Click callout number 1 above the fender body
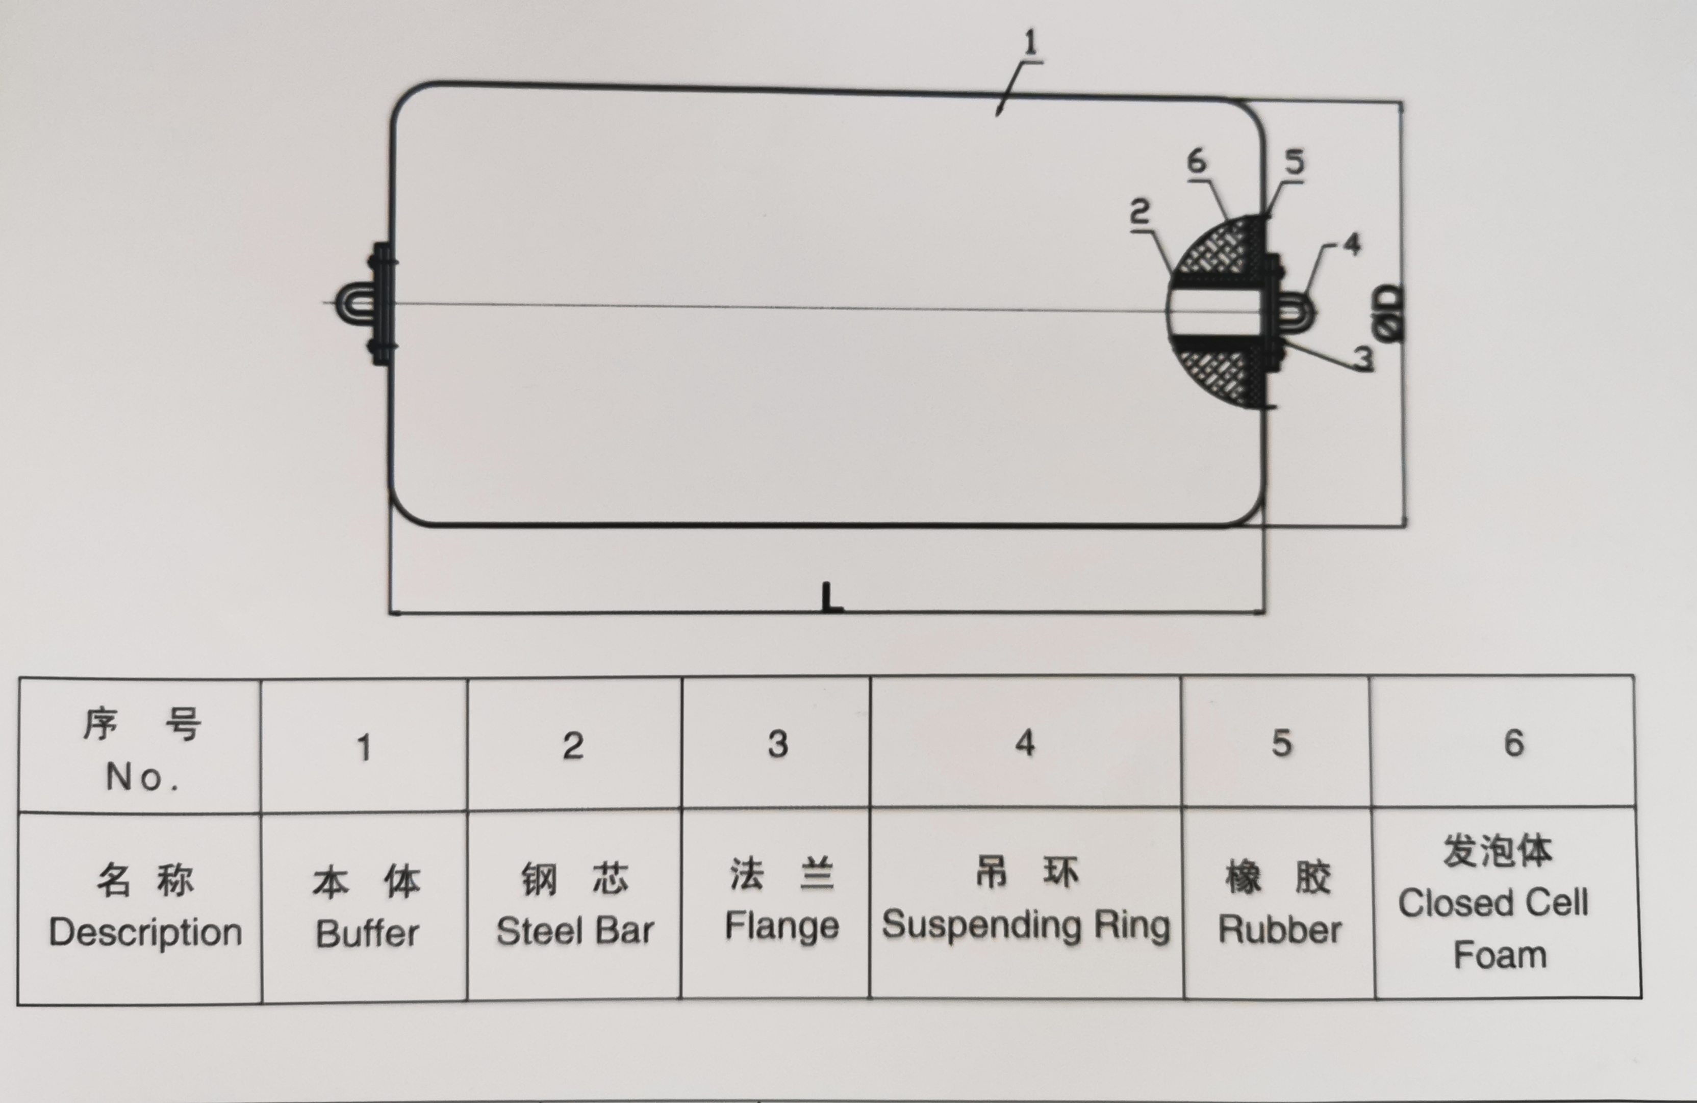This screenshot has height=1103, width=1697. click(x=1030, y=43)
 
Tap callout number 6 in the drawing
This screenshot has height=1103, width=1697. click(x=1197, y=162)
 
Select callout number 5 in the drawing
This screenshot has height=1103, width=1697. click(x=1294, y=162)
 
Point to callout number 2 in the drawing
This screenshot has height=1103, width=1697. click(x=1140, y=213)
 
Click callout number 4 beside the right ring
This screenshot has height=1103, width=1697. click(x=1351, y=244)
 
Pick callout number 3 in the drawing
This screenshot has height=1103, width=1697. click(x=1363, y=358)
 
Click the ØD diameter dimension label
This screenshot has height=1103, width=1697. click(x=1389, y=313)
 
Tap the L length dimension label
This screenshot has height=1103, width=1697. click(x=831, y=597)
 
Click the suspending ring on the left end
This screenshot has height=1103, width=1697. click(x=357, y=305)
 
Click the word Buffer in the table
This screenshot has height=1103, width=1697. click(x=367, y=933)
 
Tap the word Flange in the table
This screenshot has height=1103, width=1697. click(x=781, y=926)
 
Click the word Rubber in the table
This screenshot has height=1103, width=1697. click(x=1279, y=930)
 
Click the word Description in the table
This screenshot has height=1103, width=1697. click(x=145, y=932)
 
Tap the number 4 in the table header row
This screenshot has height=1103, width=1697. click(x=1025, y=743)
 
